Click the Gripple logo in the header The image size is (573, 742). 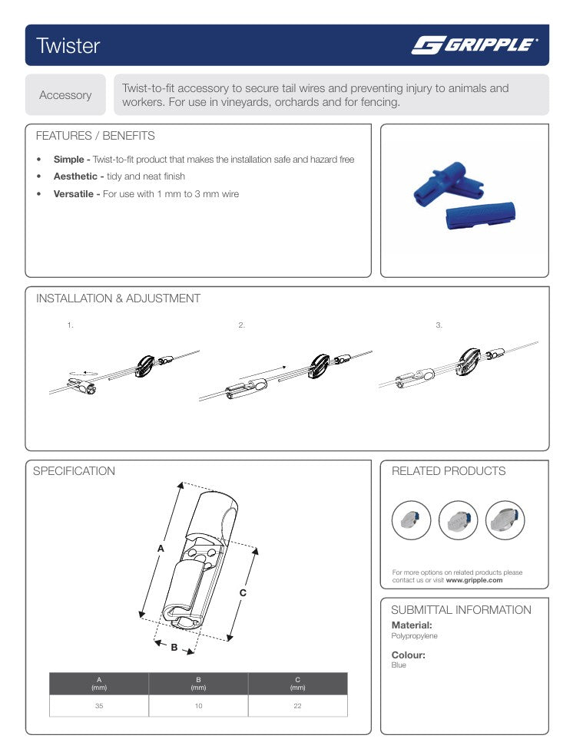[474, 45]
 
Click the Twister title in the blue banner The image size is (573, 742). [68, 46]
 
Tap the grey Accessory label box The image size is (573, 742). [65, 95]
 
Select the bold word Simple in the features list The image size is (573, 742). [69, 160]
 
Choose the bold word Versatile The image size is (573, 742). [75, 194]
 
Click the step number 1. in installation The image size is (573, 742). [70, 325]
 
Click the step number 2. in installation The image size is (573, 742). [242, 325]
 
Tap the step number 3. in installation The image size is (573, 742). [439, 325]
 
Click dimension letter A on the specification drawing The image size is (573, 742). [161, 549]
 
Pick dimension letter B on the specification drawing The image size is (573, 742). [174, 648]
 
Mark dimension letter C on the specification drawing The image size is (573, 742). [243, 592]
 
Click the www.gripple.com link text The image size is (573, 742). [474, 580]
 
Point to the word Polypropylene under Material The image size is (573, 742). [415, 636]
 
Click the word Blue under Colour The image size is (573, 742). [399, 665]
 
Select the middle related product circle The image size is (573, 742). [458, 521]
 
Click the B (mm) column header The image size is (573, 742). [198, 683]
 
